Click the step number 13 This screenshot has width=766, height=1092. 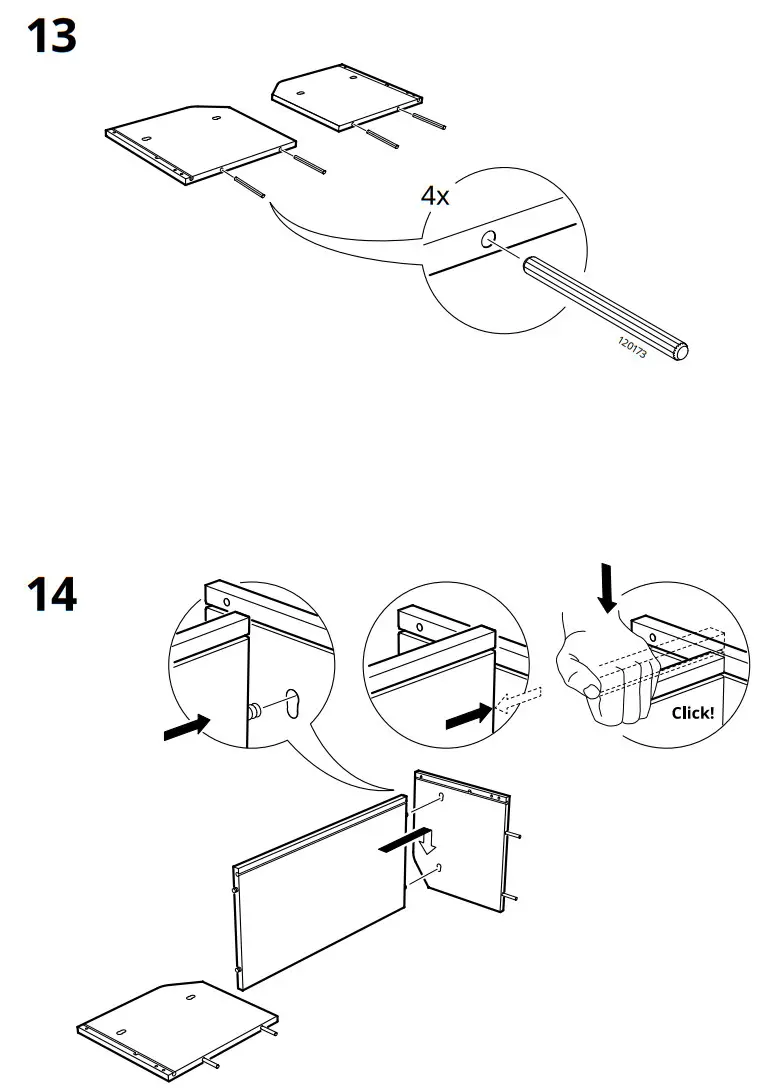(x=50, y=37)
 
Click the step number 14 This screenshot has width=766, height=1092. (x=51, y=594)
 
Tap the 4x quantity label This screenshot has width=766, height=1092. (x=435, y=195)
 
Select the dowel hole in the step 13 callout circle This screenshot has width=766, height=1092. (x=488, y=239)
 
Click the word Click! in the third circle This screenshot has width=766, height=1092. (x=692, y=713)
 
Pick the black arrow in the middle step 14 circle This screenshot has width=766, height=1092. (x=468, y=714)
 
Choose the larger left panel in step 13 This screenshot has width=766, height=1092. (x=200, y=140)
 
